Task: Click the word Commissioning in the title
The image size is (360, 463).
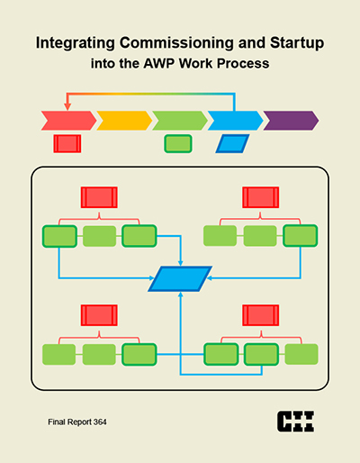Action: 176,43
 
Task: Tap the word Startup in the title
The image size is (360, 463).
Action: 297,43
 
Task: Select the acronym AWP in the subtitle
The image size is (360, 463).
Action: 159,63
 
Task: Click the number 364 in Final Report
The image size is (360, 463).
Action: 100,422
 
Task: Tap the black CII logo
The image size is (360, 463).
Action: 295,422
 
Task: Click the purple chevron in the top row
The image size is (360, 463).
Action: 291,121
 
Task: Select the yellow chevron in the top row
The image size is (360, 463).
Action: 124,121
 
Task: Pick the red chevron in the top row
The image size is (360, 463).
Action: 68,121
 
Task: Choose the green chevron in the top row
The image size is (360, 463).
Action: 180,121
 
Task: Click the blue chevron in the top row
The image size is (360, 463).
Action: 235,121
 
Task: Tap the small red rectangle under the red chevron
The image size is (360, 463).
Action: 67,143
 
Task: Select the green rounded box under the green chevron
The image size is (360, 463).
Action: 178,143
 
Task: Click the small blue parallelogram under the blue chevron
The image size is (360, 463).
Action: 232,143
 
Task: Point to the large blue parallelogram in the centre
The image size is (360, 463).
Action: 180,278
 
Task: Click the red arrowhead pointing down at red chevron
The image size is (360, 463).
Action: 67,106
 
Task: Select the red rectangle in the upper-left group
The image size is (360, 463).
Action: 99,197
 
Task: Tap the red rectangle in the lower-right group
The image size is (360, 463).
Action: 261,315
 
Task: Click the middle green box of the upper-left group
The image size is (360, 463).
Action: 99,236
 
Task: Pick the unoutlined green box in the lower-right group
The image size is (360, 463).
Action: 301,354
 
